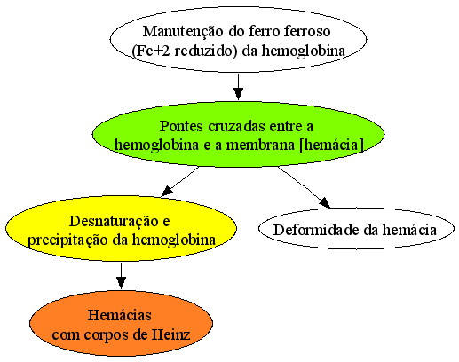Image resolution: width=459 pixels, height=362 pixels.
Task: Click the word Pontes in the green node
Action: [181, 126]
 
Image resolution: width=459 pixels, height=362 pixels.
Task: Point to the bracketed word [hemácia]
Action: [331, 146]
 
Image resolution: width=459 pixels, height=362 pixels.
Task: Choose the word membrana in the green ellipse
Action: [260, 146]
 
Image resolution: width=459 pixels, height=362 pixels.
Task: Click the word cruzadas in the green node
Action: [237, 126]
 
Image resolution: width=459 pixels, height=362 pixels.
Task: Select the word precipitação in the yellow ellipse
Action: [67, 240]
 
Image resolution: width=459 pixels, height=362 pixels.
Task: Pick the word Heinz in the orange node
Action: [170, 334]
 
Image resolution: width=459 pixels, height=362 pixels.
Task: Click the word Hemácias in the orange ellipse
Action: [120, 315]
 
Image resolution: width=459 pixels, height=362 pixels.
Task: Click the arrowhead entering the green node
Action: [238, 94]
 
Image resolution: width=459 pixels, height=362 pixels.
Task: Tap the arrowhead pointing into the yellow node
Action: [167, 192]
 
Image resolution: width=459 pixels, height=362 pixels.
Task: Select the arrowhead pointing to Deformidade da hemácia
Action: [325, 203]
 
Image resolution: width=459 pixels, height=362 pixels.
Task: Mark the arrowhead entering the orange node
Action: [121, 282]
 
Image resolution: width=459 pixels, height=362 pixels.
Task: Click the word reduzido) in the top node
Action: [206, 51]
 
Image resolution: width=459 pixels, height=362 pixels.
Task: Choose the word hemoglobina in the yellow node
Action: [174, 240]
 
